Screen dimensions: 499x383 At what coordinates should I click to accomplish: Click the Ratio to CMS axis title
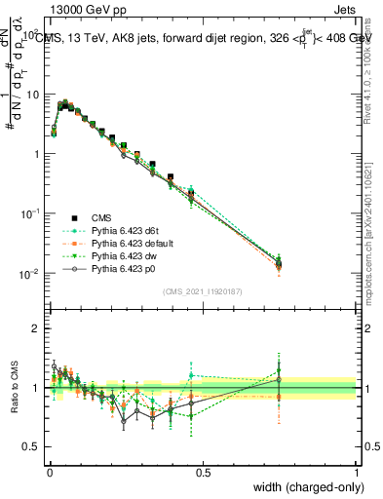coord(15,387)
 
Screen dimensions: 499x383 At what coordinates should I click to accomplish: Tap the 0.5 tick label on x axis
coord(203,472)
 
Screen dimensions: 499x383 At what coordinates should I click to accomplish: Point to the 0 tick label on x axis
coord(49,472)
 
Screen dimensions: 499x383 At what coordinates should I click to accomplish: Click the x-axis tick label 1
coord(356,472)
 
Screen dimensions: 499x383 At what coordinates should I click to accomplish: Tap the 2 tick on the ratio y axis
coord(38,328)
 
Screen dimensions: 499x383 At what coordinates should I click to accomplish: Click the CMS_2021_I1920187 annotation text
coord(202,291)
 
